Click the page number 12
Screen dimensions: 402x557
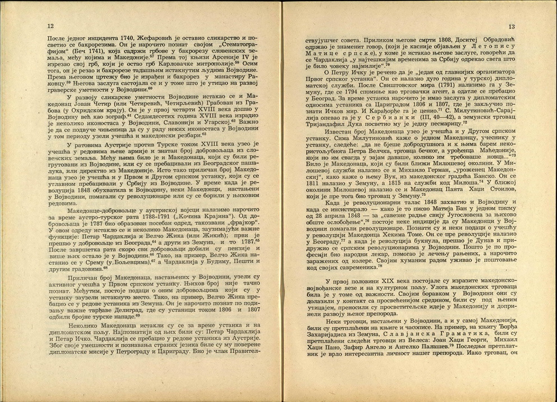pos(51,26)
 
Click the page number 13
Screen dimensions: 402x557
pos(511,26)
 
